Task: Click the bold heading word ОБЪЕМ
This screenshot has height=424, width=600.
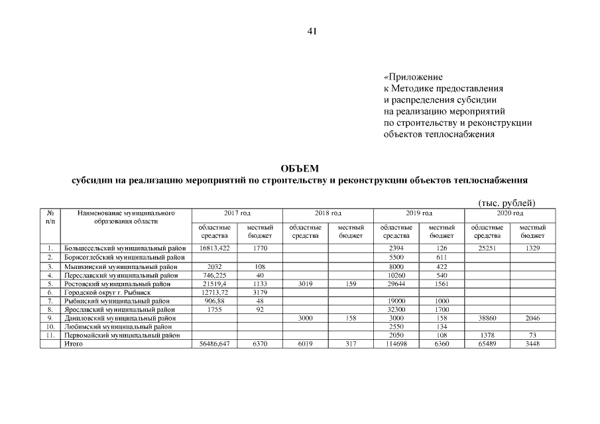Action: pyautogui.click(x=300, y=170)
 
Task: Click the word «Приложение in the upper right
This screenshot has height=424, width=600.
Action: pyautogui.click(x=413, y=77)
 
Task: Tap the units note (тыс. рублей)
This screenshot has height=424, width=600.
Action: pyautogui.click(x=507, y=203)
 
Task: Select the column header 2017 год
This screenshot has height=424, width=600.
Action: pyautogui.click(x=237, y=213)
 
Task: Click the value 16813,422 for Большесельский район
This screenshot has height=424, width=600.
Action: pyautogui.click(x=214, y=248)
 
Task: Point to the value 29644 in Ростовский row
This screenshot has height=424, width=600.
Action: pyautogui.click(x=395, y=283)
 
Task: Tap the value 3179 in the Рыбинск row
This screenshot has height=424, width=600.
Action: pyautogui.click(x=260, y=291)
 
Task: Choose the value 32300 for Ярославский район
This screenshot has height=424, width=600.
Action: pyautogui.click(x=395, y=309)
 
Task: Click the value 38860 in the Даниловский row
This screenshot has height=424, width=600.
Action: pyautogui.click(x=487, y=318)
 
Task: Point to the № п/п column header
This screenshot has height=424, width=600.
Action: pyautogui.click(x=50, y=217)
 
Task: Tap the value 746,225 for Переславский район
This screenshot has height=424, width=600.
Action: pyautogui.click(x=214, y=274)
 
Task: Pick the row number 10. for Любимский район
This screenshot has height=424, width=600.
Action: pyautogui.click(x=50, y=327)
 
